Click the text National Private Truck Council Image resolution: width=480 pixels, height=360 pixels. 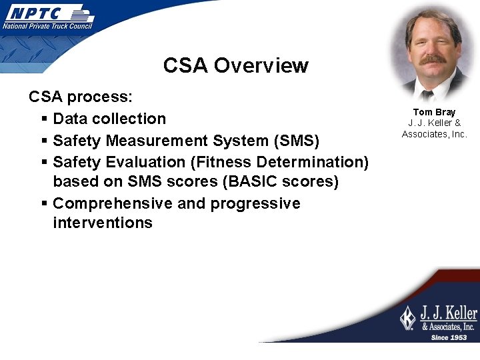tap(47, 26)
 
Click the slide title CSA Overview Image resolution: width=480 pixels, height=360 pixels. tap(235, 65)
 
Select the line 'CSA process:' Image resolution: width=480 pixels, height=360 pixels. tap(81, 97)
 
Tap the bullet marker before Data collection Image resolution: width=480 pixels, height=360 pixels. tap(43, 119)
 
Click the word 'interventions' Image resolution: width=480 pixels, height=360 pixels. tap(103, 223)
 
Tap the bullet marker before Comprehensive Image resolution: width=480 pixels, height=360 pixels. tap(43, 204)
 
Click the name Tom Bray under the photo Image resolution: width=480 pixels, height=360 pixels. tap(434, 112)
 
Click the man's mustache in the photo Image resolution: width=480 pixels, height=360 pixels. tap(433, 60)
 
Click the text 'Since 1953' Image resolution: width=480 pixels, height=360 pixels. tap(449, 337)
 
